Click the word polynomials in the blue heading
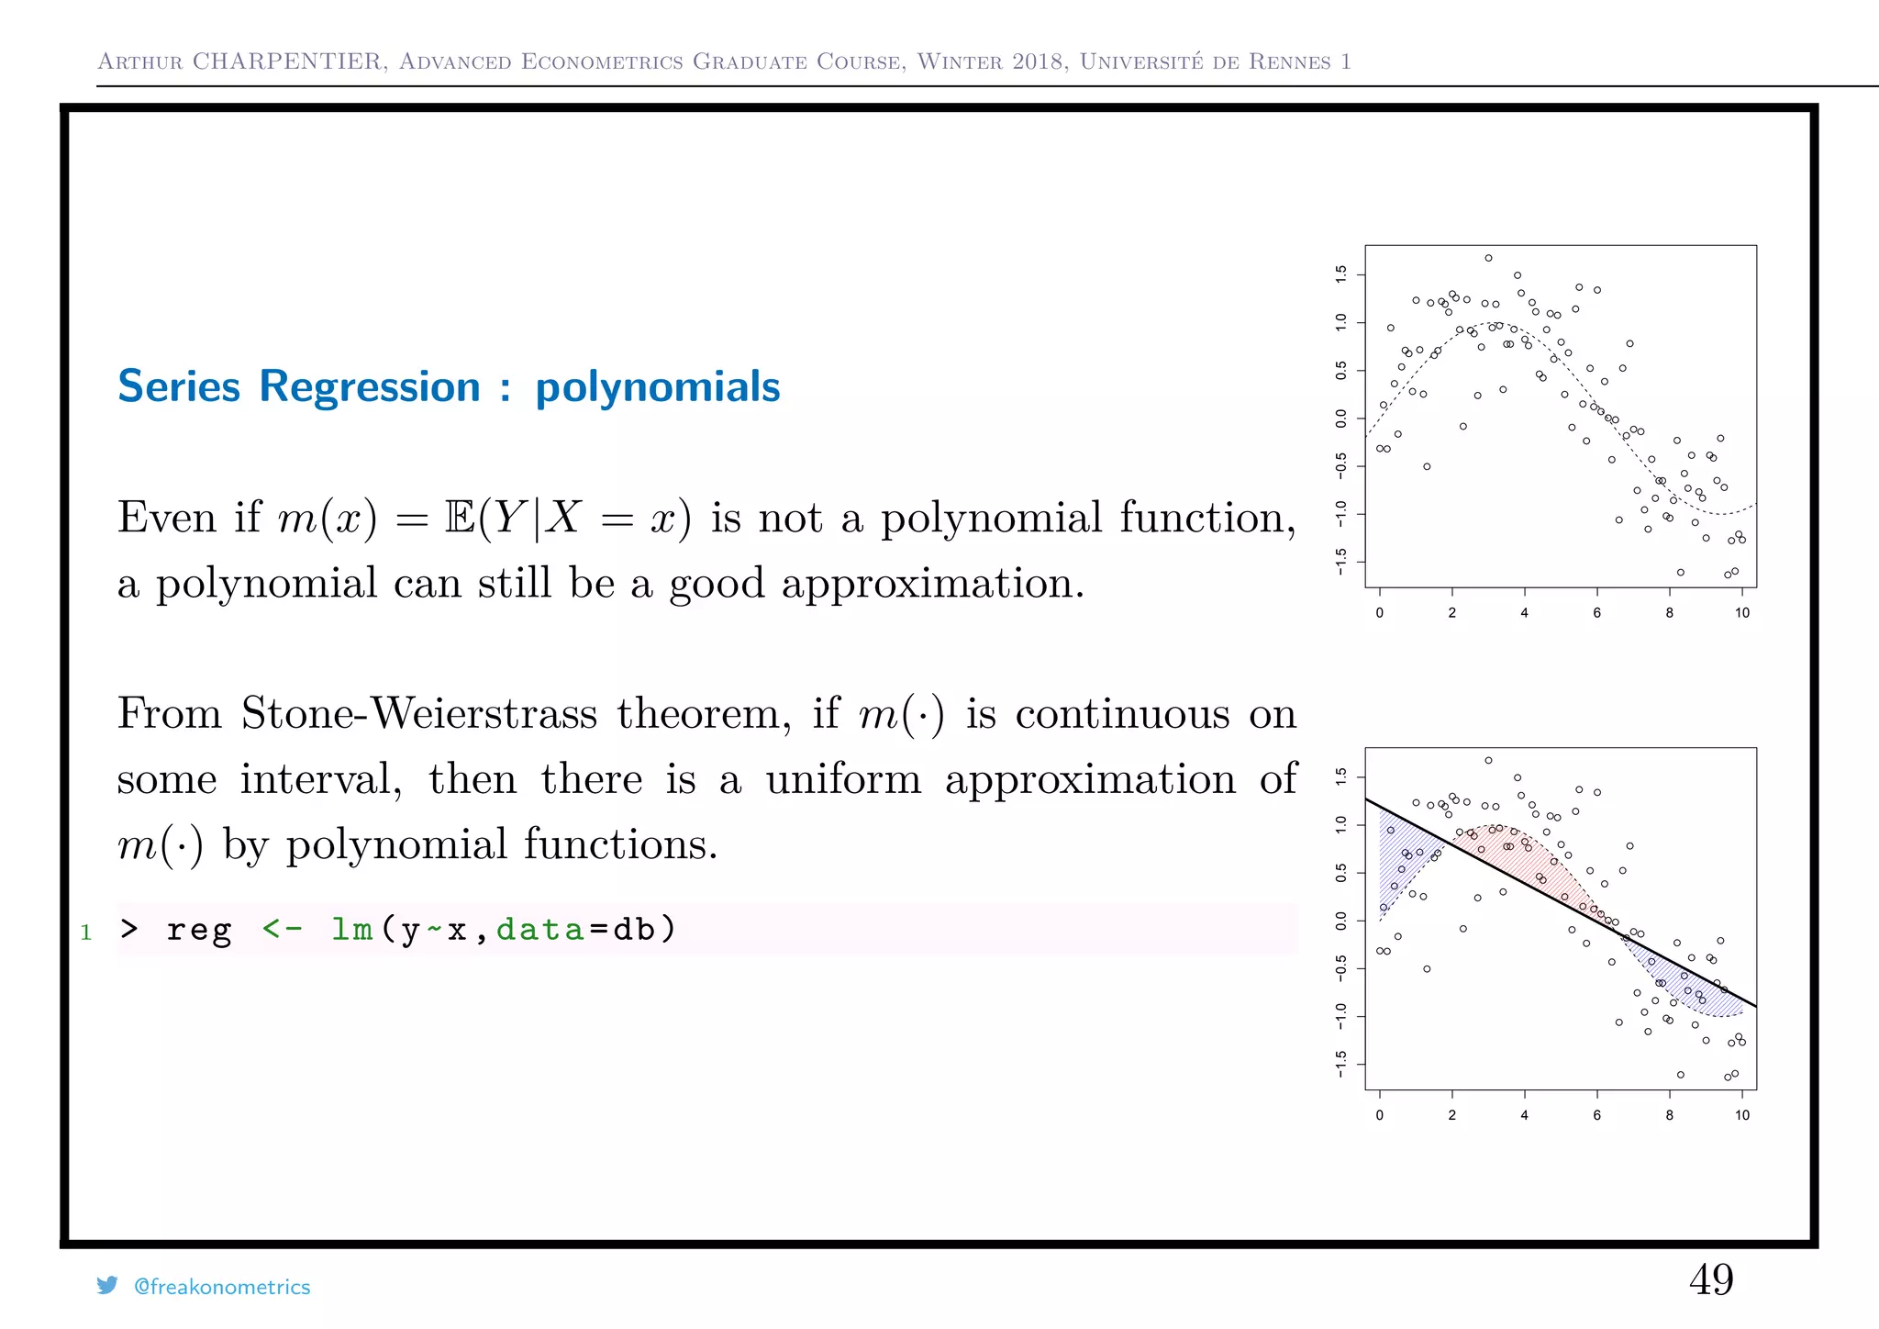pos(657,387)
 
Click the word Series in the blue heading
pos(179,386)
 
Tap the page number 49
pos(1711,1279)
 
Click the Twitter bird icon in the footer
pos(107,1286)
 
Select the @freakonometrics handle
pos(222,1287)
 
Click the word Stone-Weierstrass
pos(418,713)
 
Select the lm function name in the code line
pos(351,930)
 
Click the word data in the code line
pos(539,930)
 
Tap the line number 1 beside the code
pos(86,933)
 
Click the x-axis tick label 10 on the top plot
pos(1741,613)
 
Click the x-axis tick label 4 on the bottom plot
pos(1524,1115)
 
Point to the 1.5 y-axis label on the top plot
pos(1341,274)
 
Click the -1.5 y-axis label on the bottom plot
pos(1341,1065)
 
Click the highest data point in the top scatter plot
pos(1488,258)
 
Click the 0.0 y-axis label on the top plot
pos(1341,419)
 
